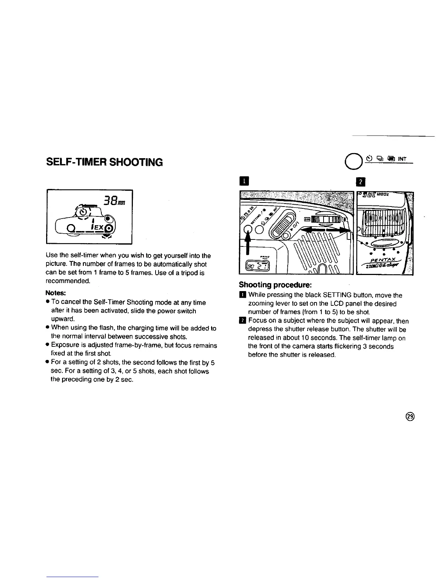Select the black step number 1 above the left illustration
(243, 182)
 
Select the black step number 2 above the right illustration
(359, 182)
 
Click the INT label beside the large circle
(402, 159)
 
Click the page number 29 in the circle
(410, 416)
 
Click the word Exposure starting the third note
(65, 345)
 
